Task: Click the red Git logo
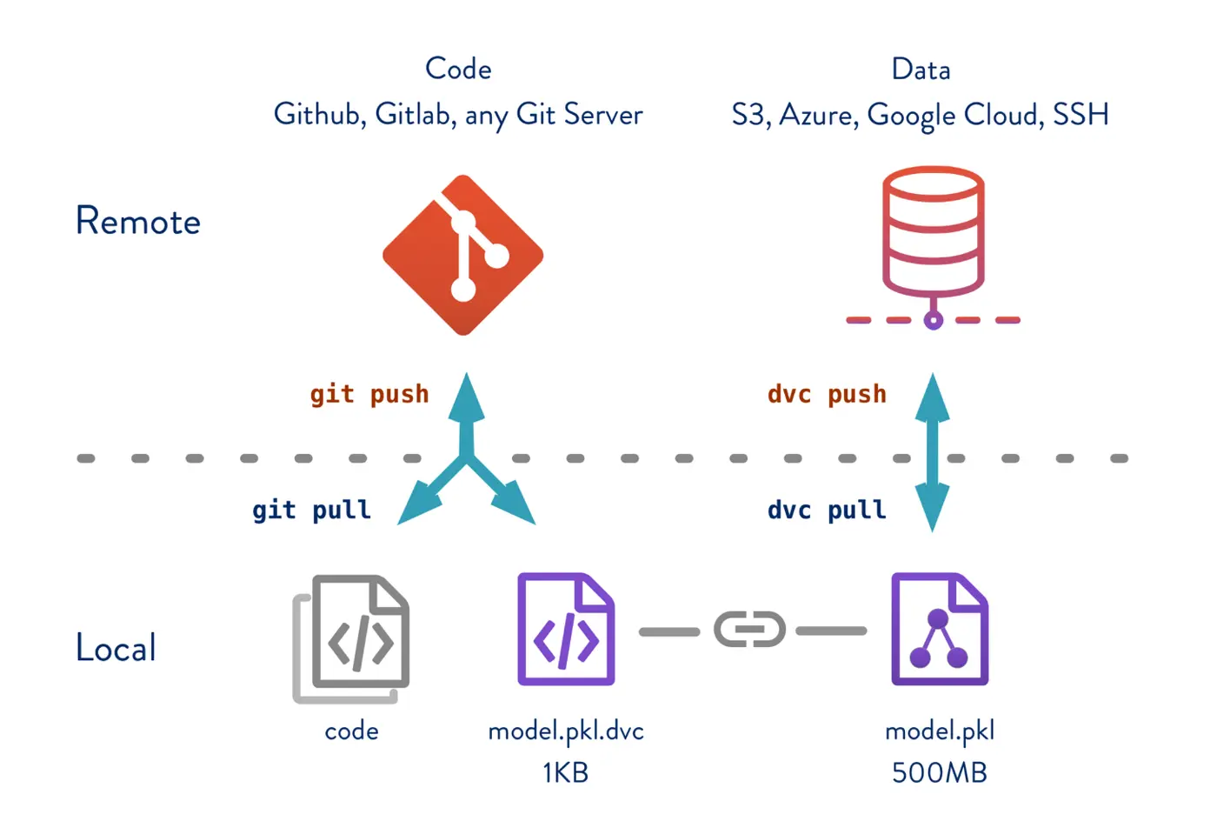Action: click(463, 255)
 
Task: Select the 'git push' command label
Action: click(369, 394)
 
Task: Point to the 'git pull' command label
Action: click(311, 510)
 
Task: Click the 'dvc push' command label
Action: click(827, 394)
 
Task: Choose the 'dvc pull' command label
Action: click(827, 510)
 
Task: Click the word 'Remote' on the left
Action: click(138, 221)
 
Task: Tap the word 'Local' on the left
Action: click(116, 648)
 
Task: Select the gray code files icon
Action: click(352, 638)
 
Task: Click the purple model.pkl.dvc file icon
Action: click(566, 630)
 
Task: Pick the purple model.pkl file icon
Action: click(940, 630)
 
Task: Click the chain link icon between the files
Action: click(749, 631)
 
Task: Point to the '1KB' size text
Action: click(565, 772)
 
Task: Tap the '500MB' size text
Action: click(939, 772)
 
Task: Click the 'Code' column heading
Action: click(458, 69)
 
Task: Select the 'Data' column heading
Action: click(921, 70)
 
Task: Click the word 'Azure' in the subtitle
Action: click(816, 115)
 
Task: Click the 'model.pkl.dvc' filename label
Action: click(566, 731)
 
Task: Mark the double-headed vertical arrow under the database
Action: click(933, 452)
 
